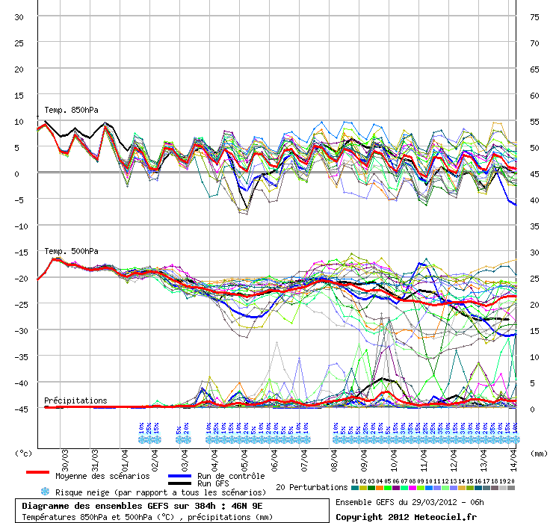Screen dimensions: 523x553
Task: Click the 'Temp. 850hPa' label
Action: (x=71, y=111)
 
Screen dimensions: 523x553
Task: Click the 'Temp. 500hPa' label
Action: (x=71, y=251)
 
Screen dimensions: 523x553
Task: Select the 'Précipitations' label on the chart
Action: (x=75, y=400)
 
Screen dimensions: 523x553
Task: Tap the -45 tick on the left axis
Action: (x=21, y=409)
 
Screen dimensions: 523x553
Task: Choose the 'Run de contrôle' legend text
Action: (x=230, y=476)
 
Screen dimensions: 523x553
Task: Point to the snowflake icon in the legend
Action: (x=45, y=492)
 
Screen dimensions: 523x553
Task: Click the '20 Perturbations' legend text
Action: (x=311, y=487)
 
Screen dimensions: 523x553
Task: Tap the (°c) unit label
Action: (x=25, y=453)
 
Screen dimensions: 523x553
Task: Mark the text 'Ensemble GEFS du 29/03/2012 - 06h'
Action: (x=410, y=502)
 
